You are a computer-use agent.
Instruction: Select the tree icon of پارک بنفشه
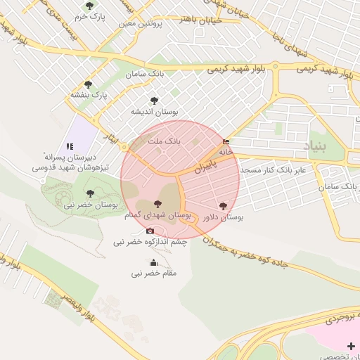[88, 84]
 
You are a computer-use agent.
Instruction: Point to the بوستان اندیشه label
[155, 111]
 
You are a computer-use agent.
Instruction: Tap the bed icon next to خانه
[225, 141]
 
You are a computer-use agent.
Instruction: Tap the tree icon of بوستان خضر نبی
[89, 193]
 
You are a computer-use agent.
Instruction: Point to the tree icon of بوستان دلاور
[223, 207]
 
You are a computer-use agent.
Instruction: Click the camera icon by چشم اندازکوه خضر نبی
[150, 231]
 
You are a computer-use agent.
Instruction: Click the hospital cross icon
[351, 345]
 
